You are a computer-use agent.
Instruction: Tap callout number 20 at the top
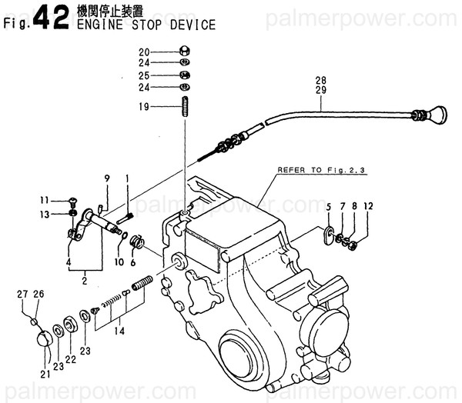pyautogui.click(x=143, y=52)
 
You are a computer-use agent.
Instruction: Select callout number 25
pyautogui.click(x=143, y=75)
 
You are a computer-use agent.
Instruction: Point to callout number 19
pyautogui.click(x=143, y=106)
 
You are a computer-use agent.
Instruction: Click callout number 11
pyautogui.click(x=45, y=201)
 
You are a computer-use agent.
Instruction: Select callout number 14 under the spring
pyautogui.click(x=117, y=331)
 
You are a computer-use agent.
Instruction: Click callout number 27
pyautogui.click(x=24, y=293)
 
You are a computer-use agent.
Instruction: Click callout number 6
pyautogui.click(x=133, y=262)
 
